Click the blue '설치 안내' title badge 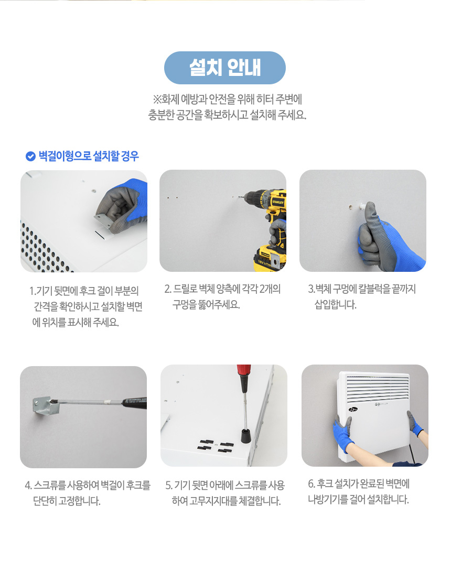point(224,68)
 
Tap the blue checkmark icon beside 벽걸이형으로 point(30,156)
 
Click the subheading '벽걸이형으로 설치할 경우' point(89,156)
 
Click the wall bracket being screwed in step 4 point(42,406)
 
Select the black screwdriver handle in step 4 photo point(134,402)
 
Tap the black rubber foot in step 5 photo point(244,434)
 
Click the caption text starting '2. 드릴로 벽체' point(222,297)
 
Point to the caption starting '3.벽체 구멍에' point(362,297)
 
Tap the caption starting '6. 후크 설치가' point(358,491)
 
